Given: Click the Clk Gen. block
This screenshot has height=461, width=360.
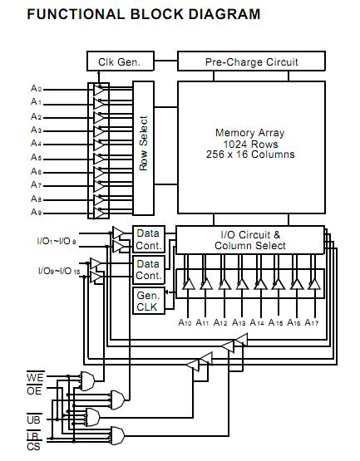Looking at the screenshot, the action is pyautogui.click(x=121, y=61).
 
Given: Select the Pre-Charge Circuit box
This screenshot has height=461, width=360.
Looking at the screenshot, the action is pyautogui.click(x=251, y=61).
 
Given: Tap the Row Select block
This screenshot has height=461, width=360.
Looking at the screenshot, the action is pyautogui.click(x=144, y=148).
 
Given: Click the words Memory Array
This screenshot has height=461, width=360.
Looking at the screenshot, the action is pyautogui.click(x=250, y=133).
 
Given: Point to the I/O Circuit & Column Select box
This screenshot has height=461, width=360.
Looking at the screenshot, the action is pyautogui.click(x=250, y=240).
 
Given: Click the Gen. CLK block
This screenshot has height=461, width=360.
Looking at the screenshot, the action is pyautogui.click(x=149, y=301).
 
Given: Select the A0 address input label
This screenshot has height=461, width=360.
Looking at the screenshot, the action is pyautogui.click(x=37, y=88).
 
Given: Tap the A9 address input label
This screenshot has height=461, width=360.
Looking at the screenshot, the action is pyautogui.click(x=37, y=212).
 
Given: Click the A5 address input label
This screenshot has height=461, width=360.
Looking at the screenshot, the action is pyautogui.click(x=37, y=157).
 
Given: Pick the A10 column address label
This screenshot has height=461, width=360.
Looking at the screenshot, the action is pyautogui.click(x=185, y=322).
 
